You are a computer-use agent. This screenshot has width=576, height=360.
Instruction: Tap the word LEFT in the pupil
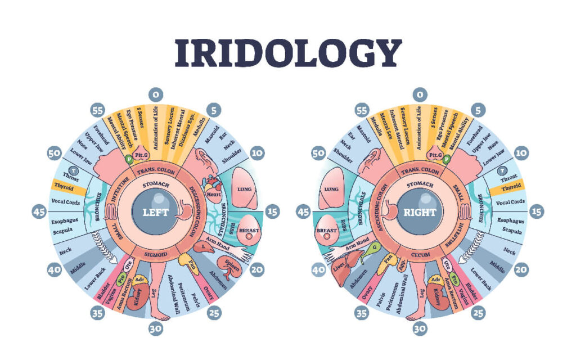[x=152, y=213]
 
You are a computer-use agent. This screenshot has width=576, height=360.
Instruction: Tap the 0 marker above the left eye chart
[x=153, y=94]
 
